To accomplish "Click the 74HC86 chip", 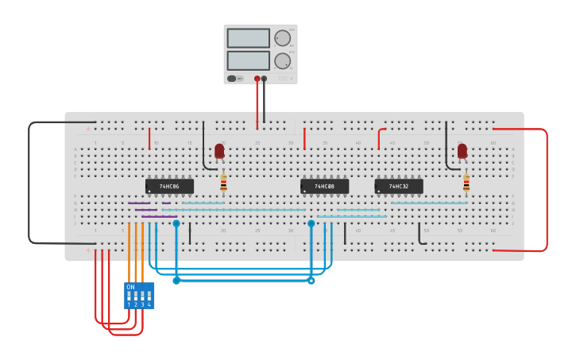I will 169,186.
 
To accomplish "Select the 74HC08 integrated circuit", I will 324,186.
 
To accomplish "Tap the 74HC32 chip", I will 399,186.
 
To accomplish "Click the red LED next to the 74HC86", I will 219,150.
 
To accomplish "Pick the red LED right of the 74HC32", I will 462,150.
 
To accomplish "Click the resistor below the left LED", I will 223,184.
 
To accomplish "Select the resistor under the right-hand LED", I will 466,184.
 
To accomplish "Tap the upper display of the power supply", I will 248,38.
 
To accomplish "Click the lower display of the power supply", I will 248,60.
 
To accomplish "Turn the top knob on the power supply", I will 282,38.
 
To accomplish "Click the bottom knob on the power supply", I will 282,61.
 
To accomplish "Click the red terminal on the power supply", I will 257,79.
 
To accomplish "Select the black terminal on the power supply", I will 265,79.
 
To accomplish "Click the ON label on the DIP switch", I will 130,287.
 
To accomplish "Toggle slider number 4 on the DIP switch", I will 149,296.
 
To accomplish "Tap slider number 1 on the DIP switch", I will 129,296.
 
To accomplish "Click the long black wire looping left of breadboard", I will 29,183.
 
